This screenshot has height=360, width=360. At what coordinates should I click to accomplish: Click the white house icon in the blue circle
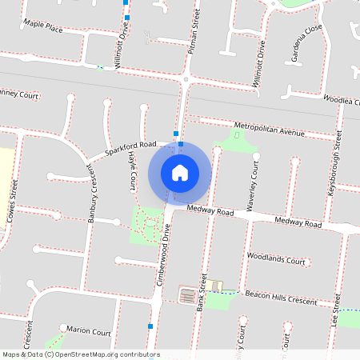[x=180, y=173]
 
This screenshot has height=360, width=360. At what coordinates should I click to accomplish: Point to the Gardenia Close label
[x=307, y=43]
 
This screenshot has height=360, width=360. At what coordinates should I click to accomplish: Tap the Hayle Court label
[x=131, y=172]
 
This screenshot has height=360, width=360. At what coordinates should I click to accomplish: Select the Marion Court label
[x=89, y=331]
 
